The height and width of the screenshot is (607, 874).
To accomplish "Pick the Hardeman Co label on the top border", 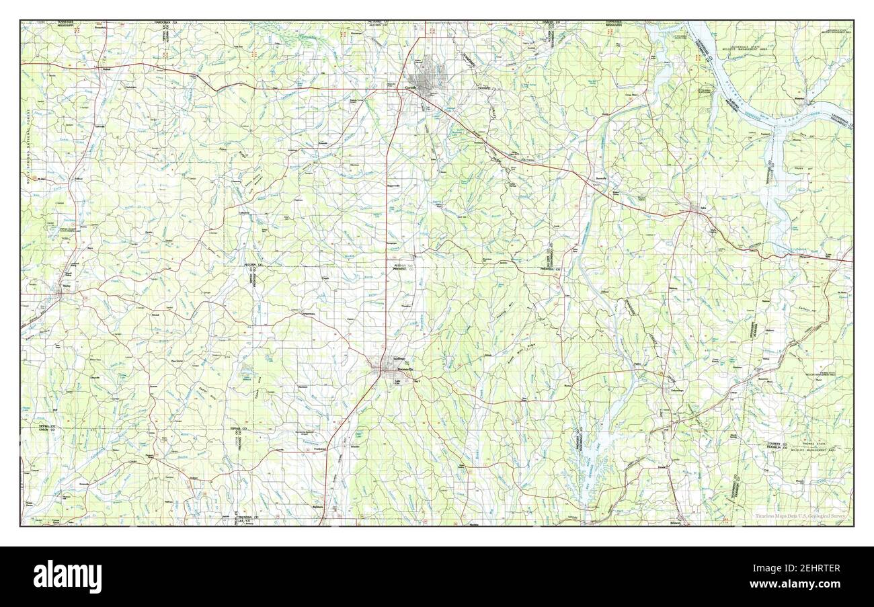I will (165, 23).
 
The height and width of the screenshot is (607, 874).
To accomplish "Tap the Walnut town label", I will (106, 69).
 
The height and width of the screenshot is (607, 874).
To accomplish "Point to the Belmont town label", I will (676, 522).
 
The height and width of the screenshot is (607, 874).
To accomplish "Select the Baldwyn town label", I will (318, 506).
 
